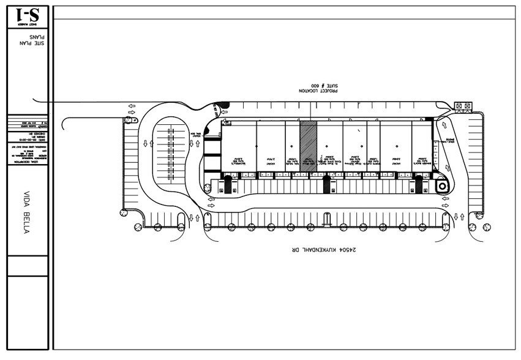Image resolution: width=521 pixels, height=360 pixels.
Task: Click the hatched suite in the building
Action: [x=308, y=147]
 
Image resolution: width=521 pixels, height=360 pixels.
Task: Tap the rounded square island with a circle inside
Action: [x=440, y=186]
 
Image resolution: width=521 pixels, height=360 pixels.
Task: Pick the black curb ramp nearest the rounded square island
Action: [x=419, y=184]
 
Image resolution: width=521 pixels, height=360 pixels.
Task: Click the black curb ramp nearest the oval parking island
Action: [x=228, y=184]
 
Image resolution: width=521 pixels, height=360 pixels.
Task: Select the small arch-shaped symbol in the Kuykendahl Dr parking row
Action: [x=327, y=217]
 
